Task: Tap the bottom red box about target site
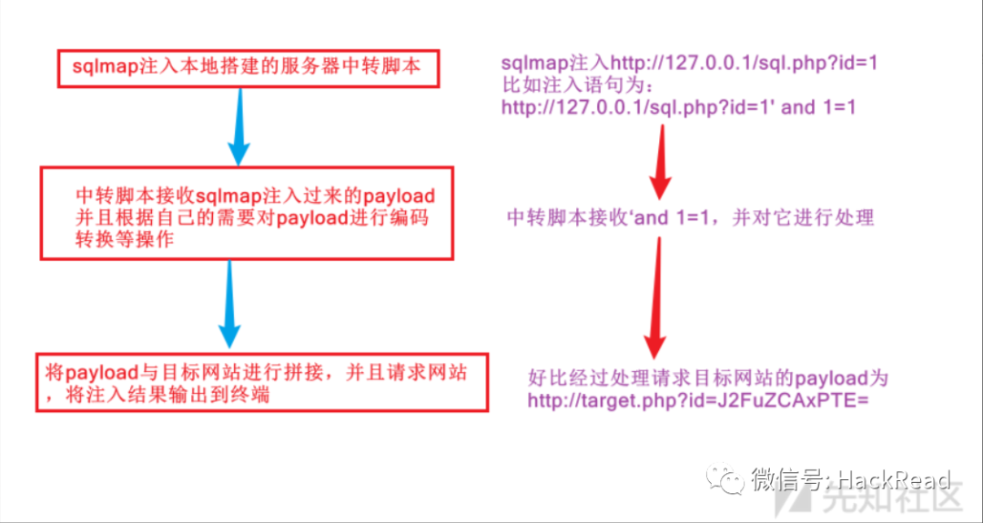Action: click(x=260, y=382)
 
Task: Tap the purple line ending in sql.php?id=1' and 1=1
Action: click(x=679, y=107)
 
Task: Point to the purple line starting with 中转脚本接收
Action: click(x=690, y=218)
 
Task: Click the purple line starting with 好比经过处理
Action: click(x=707, y=377)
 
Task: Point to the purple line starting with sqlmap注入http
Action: click(x=689, y=64)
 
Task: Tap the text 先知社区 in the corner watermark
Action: click(x=901, y=502)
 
